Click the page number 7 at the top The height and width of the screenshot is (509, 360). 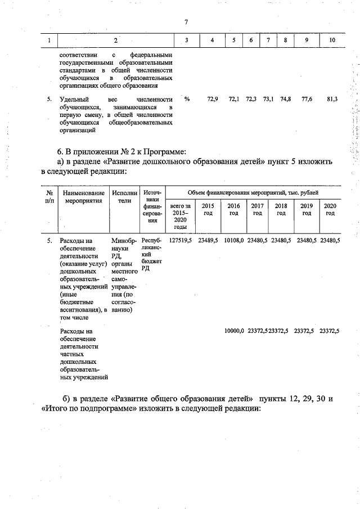click(x=185, y=22)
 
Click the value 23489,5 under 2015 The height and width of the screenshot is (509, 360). click(x=208, y=240)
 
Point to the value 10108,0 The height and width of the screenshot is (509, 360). click(x=233, y=240)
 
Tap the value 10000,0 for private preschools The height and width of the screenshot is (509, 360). click(x=233, y=331)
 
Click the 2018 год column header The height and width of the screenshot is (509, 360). click(x=281, y=209)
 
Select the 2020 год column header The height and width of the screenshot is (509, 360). click(x=330, y=209)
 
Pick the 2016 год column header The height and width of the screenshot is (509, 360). click(x=233, y=209)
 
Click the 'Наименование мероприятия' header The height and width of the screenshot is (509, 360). click(x=84, y=197)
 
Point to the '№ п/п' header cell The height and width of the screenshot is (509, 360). click(x=49, y=197)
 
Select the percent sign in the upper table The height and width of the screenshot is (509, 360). click(x=187, y=99)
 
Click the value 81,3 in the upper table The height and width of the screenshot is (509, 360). click(x=332, y=99)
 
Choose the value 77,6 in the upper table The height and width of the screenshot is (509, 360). click(x=307, y=99)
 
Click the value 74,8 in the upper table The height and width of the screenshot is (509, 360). click(x=285, y=99)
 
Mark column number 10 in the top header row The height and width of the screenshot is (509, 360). click(x=331, y=40)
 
